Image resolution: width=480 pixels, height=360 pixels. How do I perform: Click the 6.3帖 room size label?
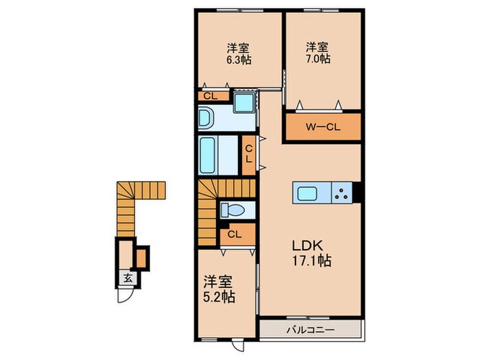pos(239,60)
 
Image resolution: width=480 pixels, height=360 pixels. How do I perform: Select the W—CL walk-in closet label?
pos(323,126)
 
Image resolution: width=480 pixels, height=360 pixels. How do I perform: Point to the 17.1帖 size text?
pos(310,261)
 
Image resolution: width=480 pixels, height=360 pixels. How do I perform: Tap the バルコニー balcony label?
pos(311,330)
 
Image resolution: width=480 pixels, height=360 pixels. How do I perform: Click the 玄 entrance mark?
pos(128,278)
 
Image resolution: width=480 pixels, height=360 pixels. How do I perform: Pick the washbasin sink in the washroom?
pos(208,119)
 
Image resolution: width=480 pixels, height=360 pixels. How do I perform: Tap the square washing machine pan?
pos(243,104)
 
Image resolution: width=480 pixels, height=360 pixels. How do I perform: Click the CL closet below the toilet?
pos(234,235)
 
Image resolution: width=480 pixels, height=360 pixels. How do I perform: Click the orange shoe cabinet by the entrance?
pos(142,257)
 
